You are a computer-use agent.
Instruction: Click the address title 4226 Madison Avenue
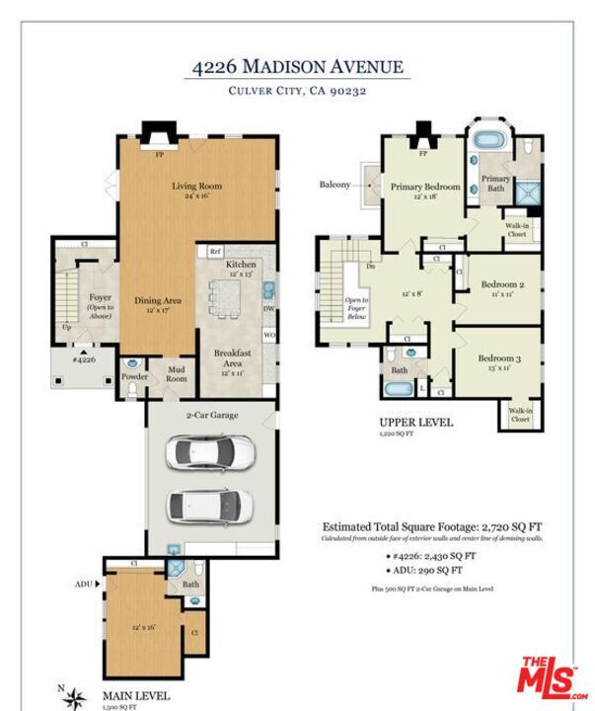click(297, 67)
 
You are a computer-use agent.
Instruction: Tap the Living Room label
click(197, 186)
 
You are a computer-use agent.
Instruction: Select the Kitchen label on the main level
click(242, 265)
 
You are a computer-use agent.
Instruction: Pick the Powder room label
click(135, 377)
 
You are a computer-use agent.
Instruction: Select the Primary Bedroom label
click(424, 187)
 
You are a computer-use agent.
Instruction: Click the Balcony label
click(335, 185)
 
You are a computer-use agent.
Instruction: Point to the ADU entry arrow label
click(85, 584)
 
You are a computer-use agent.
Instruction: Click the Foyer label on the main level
click(100, 295)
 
